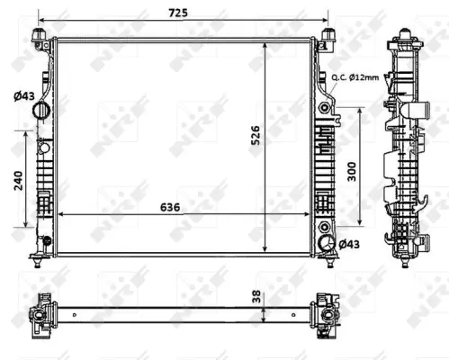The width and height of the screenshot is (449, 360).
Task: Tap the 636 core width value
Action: click(168, 206)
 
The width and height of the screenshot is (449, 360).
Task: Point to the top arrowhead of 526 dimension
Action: click(265, 43)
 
